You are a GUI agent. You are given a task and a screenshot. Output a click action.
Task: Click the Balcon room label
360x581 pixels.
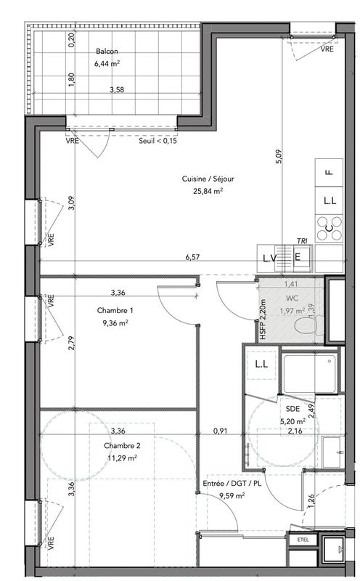[x=106, y=52]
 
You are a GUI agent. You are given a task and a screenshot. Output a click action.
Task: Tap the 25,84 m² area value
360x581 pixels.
[x=208, y=191]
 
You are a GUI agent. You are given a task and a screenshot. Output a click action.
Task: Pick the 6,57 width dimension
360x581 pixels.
[x=192, y=257]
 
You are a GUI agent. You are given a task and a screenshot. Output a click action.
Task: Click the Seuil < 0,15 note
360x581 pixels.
[x=159, y=141]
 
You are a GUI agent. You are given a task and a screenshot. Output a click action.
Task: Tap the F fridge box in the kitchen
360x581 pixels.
[x=329, y=172]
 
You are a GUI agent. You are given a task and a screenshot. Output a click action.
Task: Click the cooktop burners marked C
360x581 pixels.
[x=329, y=230]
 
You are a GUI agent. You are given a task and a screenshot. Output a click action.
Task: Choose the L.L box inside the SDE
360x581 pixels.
[x=261, y=365]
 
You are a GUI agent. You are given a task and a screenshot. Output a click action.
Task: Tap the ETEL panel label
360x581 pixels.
[x=303, y=539]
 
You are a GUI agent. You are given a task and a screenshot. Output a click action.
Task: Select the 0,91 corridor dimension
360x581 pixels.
[x=221, y=431]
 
